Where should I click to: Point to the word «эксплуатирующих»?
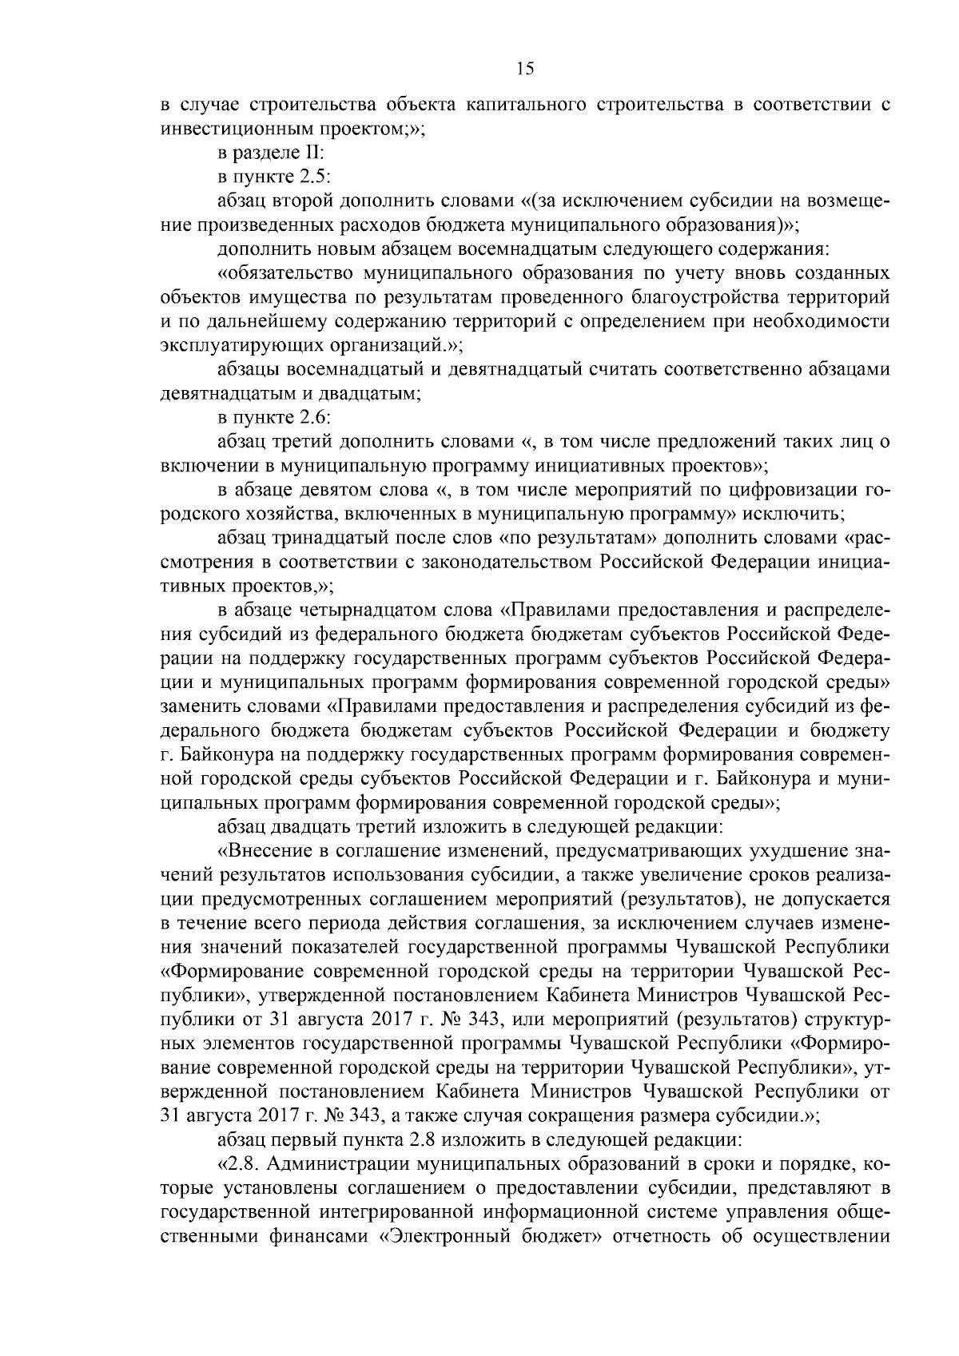tap(222, 346)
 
